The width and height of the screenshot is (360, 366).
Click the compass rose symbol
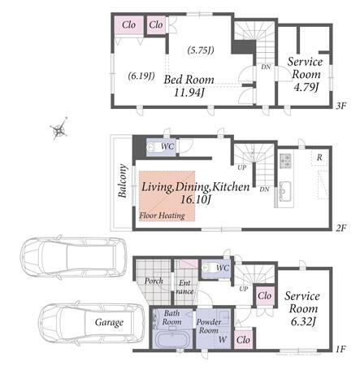[x=59, y=129]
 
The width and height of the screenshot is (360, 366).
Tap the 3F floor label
[x=340, y=106]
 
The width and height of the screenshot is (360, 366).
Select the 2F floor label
[x=340, y=228]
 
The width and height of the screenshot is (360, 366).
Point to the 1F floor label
[x=340, y=349]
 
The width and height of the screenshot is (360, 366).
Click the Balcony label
[x=123, y=181]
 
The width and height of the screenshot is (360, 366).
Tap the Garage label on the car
[x=109, y=322]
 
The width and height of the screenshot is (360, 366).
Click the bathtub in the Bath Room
[x=172, y=340]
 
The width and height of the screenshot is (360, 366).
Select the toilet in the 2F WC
[x=153, y=147]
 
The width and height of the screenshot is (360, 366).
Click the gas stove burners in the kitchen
[x=285, y=161]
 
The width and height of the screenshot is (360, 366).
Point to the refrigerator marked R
[x=319, y=157]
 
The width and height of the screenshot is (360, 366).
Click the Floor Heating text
[x=163, y=216]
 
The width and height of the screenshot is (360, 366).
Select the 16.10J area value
[x=196, y=200]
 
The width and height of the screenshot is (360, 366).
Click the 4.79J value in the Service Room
[x=306, y=87]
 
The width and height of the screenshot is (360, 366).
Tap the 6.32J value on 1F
[x=303, y=322]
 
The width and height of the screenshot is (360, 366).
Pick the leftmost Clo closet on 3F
[x=128, y=25]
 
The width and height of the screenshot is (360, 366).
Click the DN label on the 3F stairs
[x=266, y=67]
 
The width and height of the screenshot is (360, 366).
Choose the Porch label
[x=154, y=281]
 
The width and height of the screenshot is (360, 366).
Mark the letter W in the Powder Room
[x=223, y=339]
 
